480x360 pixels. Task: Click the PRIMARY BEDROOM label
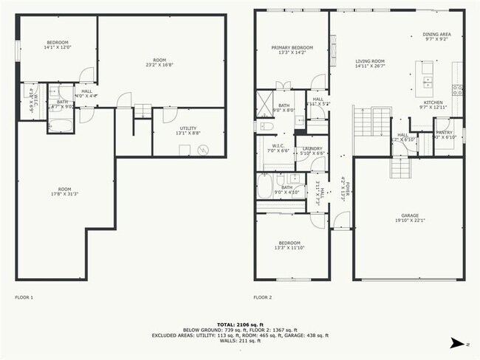(x=287, y=48)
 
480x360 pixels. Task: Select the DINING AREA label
(x=436, y=34)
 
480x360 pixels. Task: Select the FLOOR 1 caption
(x=24, y=297)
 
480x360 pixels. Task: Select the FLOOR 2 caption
(x=263, y=297)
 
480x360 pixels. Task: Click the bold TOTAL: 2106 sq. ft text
(x=240, y=324)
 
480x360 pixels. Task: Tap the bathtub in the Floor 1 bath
(x=62, y=120)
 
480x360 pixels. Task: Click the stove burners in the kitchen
(x=458, y=91)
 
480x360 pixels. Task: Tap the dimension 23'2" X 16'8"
(x=160, y=64)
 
